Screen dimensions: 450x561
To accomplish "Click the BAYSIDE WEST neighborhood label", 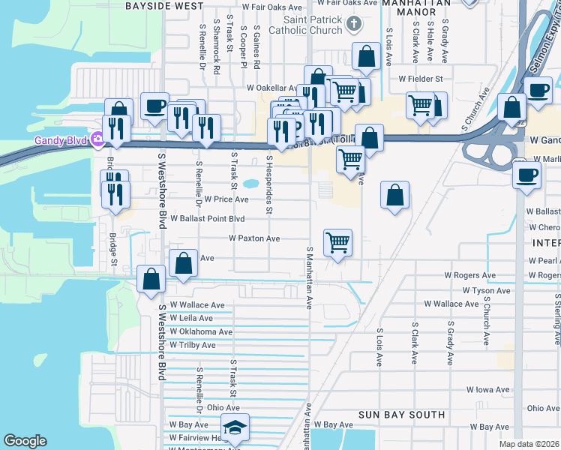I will pyautogui.click(x=163, y=5).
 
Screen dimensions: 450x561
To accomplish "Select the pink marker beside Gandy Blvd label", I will pyautogui.click(x=97, y=139).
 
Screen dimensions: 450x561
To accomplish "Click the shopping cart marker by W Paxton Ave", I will pyautogui.click(x=338, y=243).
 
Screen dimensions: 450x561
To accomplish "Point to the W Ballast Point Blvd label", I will pyautogui.click(x=208, y=219).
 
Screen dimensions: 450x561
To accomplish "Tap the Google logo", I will pyautogui.click(x=25, y=441).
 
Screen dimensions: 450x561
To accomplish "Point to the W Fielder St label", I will pyautogui.click(x=421, y=78).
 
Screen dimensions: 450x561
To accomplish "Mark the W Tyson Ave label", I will pyautogui.click(x=486, y=290).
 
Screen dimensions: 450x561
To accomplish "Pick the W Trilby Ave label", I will pyautogui.click(x=193, y=346).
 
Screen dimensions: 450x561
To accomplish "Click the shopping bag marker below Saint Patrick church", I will pyautogui.click(x=365, y=57).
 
